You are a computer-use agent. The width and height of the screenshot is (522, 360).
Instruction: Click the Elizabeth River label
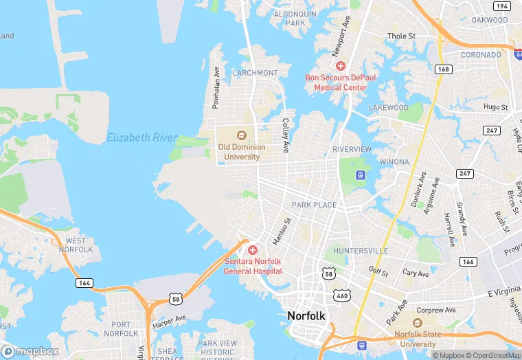142,138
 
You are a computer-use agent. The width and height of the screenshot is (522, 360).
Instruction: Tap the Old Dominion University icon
241,135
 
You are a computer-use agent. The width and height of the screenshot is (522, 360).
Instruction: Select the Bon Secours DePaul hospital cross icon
341,66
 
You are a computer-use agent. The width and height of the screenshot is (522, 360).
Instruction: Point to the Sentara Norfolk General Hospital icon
253,250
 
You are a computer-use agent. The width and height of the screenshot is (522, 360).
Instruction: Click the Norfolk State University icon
418,324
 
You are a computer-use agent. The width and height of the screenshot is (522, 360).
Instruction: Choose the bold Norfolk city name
306,315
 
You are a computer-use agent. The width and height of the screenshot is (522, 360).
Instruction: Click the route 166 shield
468,262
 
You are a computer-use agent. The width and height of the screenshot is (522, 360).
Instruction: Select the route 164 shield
85,282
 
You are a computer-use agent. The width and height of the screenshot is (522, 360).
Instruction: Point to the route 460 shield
341,295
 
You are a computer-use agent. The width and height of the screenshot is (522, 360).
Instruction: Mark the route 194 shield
502,6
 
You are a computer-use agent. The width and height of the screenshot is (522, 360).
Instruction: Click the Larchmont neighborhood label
255,73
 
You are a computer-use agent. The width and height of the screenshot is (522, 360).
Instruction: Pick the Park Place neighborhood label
314,205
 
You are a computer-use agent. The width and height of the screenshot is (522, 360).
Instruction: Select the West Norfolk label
76,245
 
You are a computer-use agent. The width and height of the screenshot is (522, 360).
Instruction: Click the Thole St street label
402,36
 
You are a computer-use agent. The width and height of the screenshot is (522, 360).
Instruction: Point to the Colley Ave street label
285,135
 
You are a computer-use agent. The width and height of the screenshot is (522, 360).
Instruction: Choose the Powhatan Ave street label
216,87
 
